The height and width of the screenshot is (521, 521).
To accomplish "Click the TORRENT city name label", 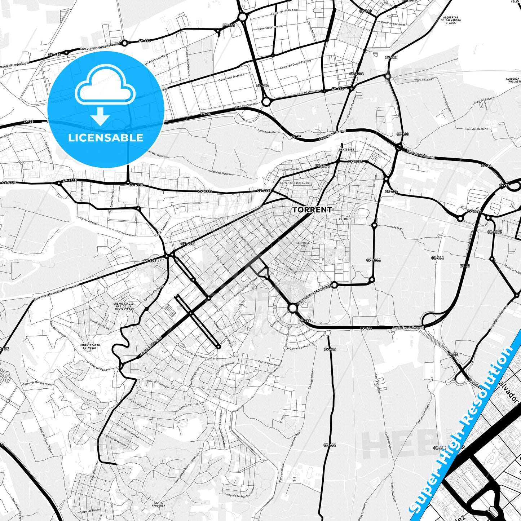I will tap(312, 209).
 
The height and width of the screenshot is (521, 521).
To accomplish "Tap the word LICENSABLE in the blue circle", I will tap(106, 138).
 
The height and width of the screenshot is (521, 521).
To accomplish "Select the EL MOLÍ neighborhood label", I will tap(345, 219).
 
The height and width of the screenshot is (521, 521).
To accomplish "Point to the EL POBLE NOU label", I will tap(303, 244).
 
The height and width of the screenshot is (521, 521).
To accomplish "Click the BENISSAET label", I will tap(347, 149).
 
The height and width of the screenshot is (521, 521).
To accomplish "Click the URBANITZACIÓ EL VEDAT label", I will tap(90, 346).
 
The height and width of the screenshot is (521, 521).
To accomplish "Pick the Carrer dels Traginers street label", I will tap(231, 77).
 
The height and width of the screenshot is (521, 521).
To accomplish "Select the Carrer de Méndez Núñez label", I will tap(38, 384).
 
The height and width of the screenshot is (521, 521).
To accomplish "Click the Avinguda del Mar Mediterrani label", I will tap(239, 495).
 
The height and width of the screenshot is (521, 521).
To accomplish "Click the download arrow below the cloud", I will tap(100, 116).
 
